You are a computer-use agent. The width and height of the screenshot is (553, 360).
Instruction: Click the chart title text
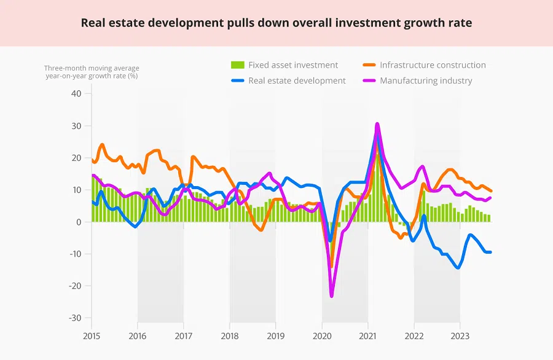point(276,23)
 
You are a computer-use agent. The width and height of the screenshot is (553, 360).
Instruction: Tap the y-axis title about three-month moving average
point(92,72)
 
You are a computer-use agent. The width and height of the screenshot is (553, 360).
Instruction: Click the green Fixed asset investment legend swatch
point(237,65)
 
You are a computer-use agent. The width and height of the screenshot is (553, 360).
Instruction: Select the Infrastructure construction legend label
point(433,65)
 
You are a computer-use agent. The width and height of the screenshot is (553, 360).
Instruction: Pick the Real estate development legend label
point(297,80)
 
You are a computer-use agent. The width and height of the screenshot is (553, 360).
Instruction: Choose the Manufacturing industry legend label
point(426,80)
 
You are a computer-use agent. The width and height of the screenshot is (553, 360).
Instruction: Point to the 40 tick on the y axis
point(76,94)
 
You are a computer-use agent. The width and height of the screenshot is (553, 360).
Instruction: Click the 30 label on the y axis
point(76,126)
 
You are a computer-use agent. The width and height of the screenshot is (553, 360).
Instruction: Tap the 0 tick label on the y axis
point(79,222)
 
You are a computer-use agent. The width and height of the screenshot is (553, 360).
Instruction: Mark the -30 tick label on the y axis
point(74,318)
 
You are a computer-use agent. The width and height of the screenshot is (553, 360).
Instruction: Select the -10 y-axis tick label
point(74,254)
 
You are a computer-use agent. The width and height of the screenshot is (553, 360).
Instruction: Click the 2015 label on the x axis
point(92,335)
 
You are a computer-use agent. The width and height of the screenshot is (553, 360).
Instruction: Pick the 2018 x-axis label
point(230,335)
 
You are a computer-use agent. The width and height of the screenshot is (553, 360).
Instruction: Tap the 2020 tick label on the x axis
point(322,335)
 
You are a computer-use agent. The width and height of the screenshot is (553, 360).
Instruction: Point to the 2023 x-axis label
point(460,335)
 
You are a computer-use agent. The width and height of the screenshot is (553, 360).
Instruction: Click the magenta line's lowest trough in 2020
point(332,296)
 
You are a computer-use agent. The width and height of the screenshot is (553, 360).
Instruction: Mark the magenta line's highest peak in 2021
point(377,124)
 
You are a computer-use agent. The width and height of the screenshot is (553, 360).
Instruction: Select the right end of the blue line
point(490,252)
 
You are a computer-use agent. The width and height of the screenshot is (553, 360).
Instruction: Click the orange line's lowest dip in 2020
point(331,267)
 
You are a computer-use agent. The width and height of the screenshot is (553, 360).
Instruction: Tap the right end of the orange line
point(491,191)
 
